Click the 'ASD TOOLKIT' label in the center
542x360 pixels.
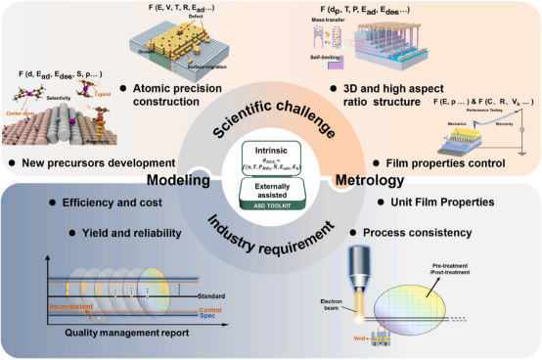[272, 205]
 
